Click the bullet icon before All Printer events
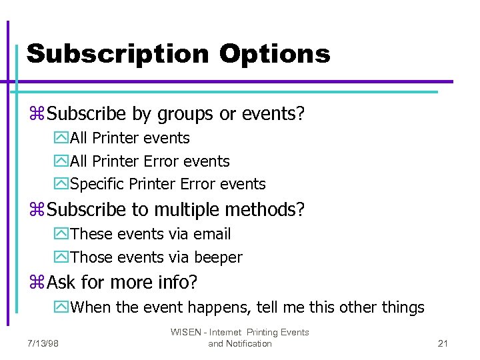pos(61,139)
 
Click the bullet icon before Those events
pos(61,257)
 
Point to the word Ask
pos(62,282)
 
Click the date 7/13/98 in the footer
pos(43,343)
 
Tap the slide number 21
pos(443,343)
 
